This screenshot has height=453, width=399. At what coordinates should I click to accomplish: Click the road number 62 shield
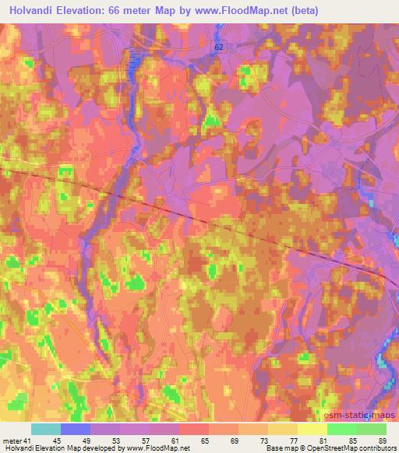221,47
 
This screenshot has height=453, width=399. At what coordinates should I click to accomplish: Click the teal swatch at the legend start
46,429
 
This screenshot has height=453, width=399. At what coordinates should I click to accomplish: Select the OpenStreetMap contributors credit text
354,448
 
